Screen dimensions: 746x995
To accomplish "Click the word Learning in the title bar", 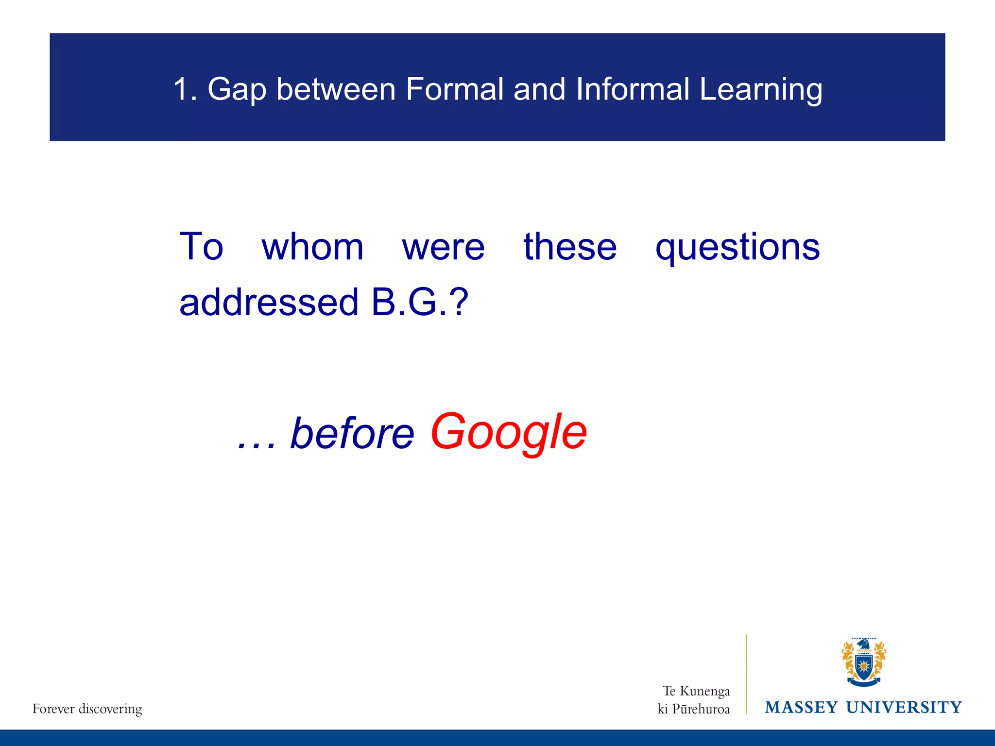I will click(x=761, y=90).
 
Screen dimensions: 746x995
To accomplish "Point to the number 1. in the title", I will click(x=185, y=89).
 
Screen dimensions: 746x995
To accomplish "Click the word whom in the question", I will click(x=312, y=247).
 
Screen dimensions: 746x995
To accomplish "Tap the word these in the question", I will click(x=570, y=247).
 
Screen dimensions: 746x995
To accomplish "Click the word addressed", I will click(x=269, y=302).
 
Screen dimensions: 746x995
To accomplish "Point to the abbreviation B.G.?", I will click(x=419, y=302).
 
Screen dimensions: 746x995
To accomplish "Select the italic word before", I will click(x=352, y=433).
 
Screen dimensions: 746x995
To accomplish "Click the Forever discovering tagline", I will click(x=87, y=709).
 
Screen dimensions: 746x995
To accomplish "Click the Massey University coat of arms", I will click(x=863, y=662).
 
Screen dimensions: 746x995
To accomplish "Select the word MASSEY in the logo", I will click(x=801, y=707).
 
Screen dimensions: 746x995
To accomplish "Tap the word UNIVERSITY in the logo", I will click(x=904, y=707).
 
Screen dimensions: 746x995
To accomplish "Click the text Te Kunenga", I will click(x=696, y=691).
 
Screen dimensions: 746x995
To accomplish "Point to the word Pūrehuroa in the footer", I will click(x=701, y=709).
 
